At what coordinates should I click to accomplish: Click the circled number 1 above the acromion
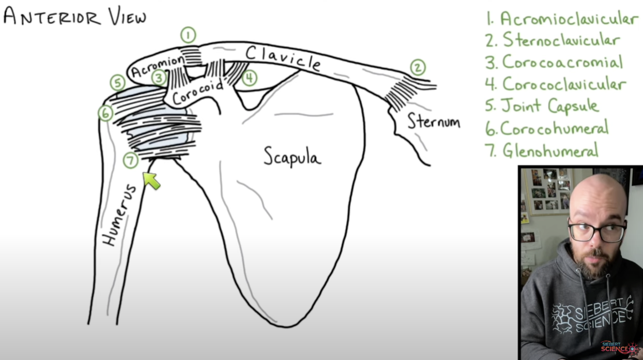coord(188,35)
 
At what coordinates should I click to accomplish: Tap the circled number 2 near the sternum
coord(418,67)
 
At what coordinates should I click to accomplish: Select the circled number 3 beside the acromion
coord(159,78)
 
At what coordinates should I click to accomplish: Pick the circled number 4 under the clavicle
coord(249,78)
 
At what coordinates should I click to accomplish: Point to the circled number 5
coord(118,83)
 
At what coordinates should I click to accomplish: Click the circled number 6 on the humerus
coord(105,113)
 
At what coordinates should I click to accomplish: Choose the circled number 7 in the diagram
coord(130,161)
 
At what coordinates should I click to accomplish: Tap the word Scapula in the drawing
coord(292,156)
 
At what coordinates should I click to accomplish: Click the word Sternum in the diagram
coord(433,122)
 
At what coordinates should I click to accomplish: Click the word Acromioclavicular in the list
coord(569,19)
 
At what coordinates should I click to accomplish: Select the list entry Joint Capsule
coord(549,106)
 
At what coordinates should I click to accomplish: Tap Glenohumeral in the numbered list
coord(550,151)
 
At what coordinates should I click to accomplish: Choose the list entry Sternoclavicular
coord(561,40)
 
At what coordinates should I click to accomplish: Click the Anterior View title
coord(74,17)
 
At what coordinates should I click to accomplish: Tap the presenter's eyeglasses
coord(597,231)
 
